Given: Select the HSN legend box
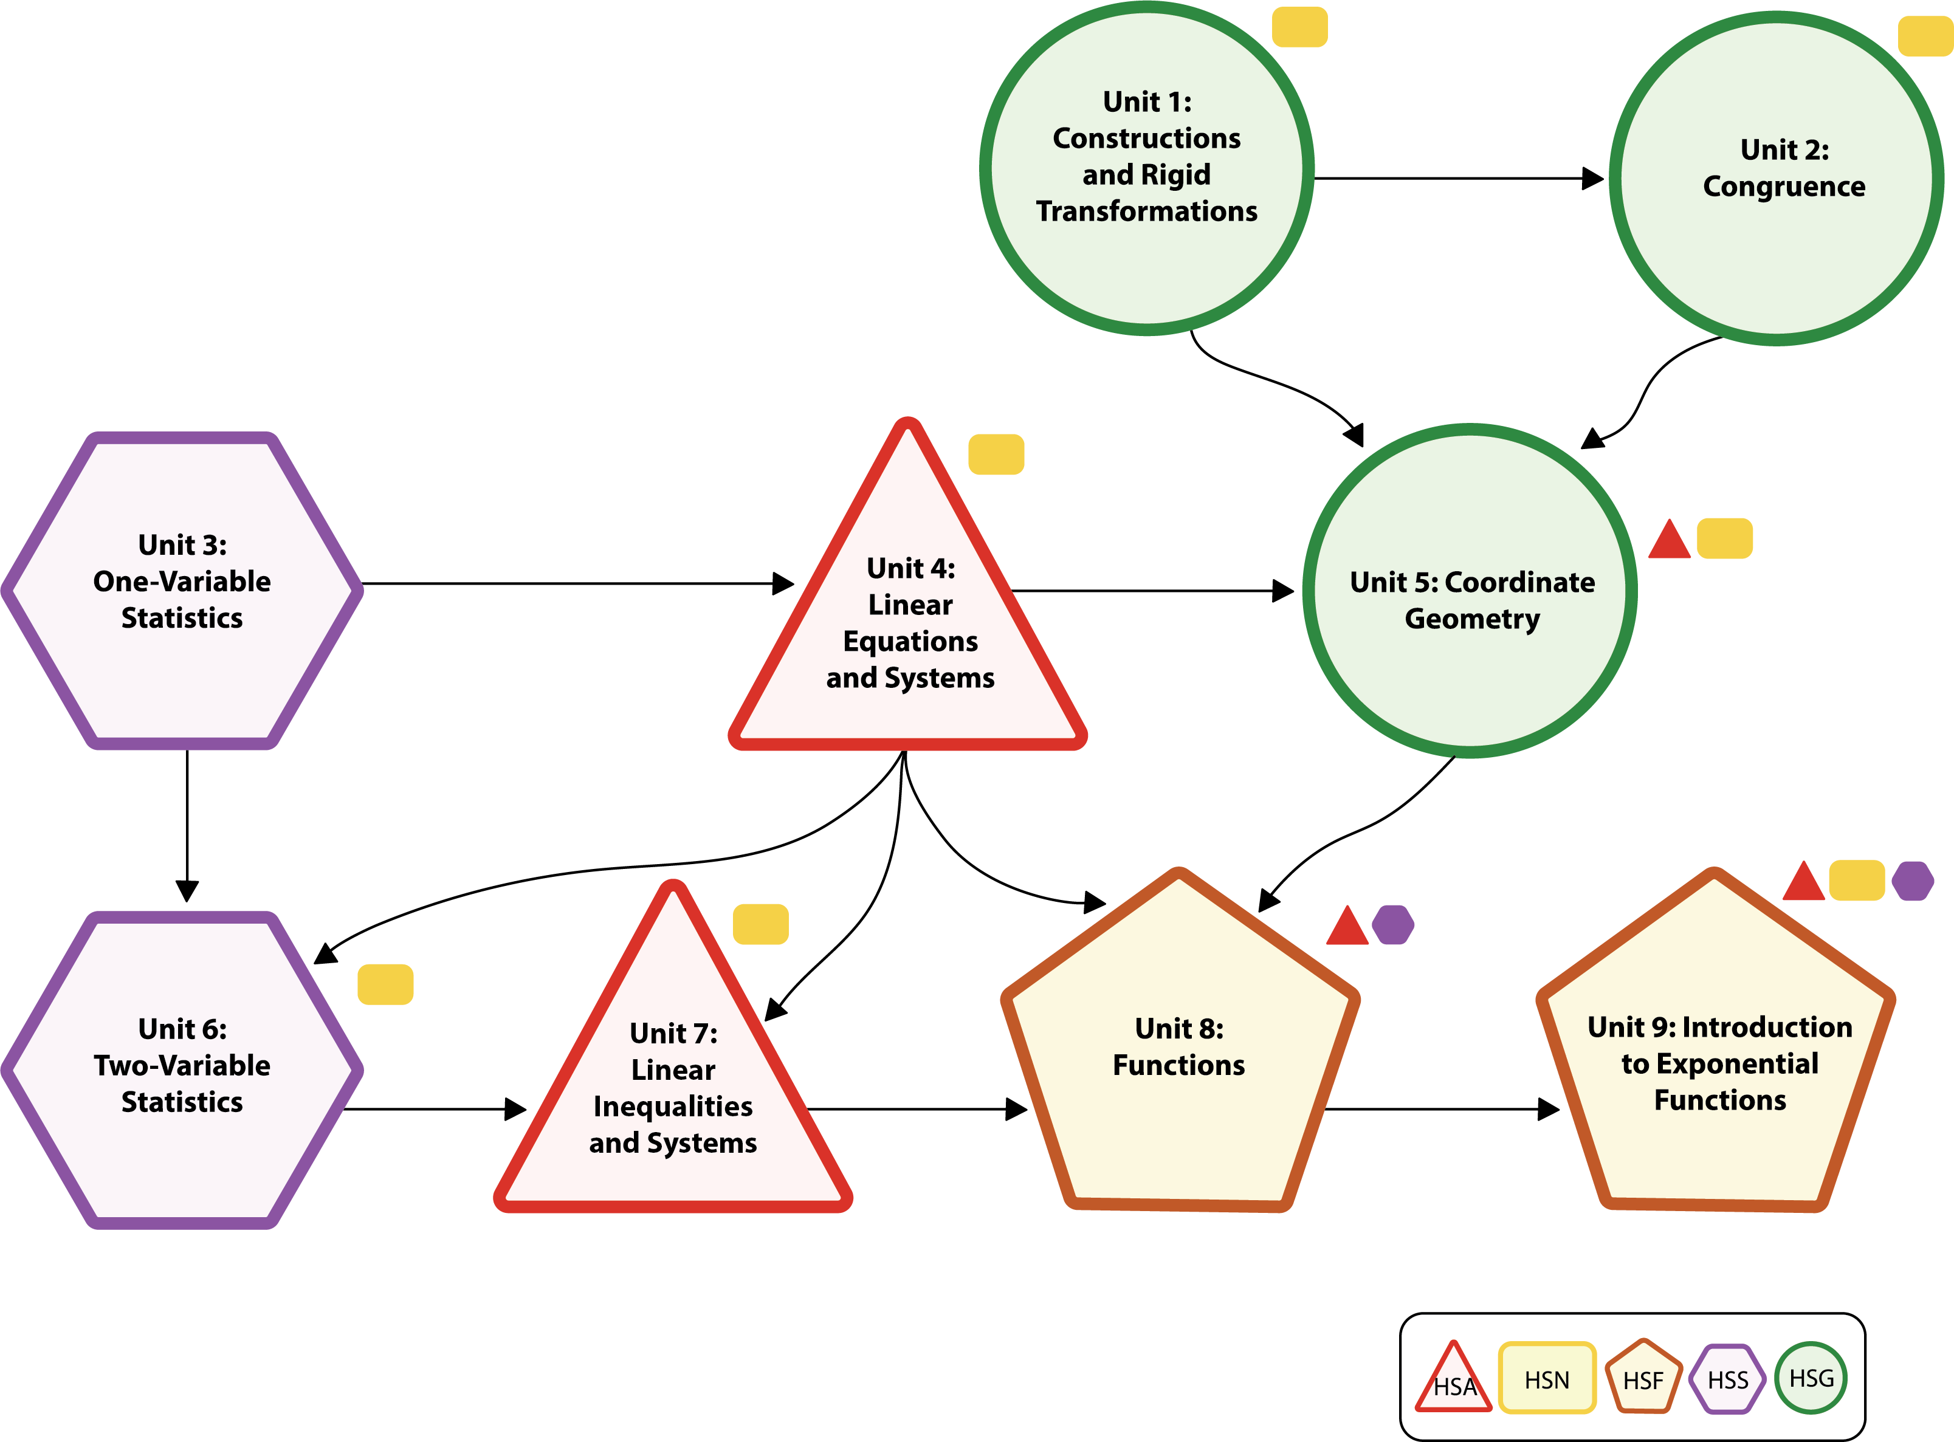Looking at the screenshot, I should tap(1546, 1378).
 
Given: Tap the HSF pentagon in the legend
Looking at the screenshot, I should tap(1643, 1378).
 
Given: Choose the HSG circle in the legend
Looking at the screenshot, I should tap(1811, 1378).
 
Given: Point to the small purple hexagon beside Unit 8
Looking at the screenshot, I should tap(1392, 924).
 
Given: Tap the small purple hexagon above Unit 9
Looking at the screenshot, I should tap(1912, 881).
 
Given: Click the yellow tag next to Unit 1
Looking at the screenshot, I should tap(1299, 27).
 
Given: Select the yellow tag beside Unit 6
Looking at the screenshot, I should tap(385, 984).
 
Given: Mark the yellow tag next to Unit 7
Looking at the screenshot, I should tap(760, 924).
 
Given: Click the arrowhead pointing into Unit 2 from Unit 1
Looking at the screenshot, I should tap(1592, 178).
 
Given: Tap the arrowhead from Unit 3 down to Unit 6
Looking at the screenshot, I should tap(187, 890).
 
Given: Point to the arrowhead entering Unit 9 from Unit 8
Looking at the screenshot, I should tap(1549, 1110).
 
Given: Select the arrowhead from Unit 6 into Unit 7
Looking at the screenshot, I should tap(516, 1110).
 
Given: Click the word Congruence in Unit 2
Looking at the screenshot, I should tap(1784, 186).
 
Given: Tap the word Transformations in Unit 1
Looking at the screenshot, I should tap(1146, 211).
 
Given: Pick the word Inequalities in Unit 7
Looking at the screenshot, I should tap(672, 1106).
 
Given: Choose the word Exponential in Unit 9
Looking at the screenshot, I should tap(1719, 1063).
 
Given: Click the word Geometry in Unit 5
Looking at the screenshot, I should tap(1472, 619).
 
